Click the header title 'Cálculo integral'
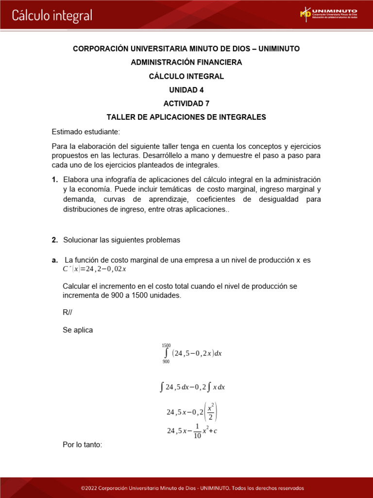tap(52, 16)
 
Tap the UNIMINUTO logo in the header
tap(329, 14)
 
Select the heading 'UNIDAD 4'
tap(186, 90)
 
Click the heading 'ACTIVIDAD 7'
tap(186, 104)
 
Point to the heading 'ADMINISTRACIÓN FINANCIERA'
tap(186, 62)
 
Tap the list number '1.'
tap(55, 179)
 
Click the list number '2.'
tap(55, 240)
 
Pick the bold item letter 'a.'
tap(55, 260)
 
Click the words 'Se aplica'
tap(78, 330)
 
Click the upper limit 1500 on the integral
tap(166, 345)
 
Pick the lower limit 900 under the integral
tap(166, 362)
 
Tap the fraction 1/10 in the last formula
tap(197, 431)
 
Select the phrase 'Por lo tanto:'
tap(83, 445)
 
